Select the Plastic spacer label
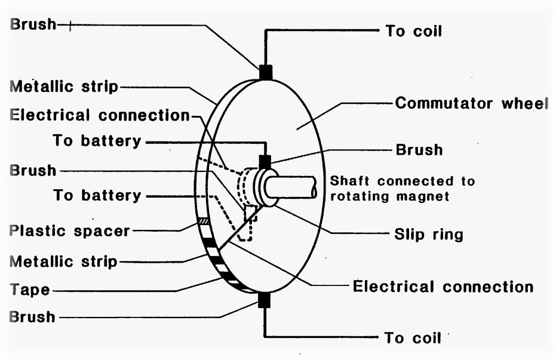click(x=70, y=230)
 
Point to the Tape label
click(x=30, y=290)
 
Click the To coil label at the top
click(x=413, y=31)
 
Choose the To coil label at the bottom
click(x=413, y=338)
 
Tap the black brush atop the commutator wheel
click(x=265, y=72)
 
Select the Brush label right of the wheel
click(x=419, y=149)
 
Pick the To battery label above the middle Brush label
click(x=97, y=141)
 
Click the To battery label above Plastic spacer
click(x=97, y=195)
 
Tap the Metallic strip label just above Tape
click(x=64, y=261)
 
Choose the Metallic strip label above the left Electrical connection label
click(x=64, y=87)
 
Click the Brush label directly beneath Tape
click(x=33, y=316)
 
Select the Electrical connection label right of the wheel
click(x=443, y=287)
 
